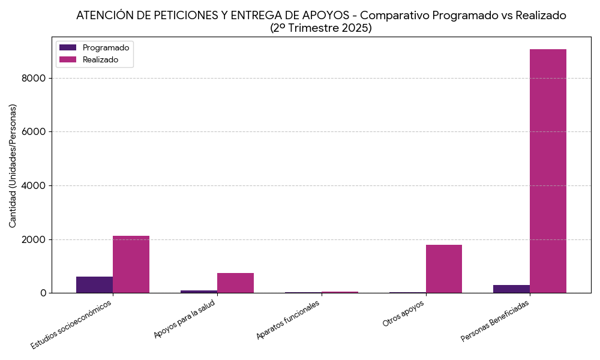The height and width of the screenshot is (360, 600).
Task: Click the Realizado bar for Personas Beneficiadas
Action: (x=548, y=171)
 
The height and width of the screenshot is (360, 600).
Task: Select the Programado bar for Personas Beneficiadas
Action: (x=511, y=289)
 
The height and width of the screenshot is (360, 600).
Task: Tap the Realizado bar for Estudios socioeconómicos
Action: (x=131, y=265)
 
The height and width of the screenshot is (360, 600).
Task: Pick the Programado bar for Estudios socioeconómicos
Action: (x=94, y=285)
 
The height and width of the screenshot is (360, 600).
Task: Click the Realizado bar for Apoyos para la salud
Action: (x=235, y=283)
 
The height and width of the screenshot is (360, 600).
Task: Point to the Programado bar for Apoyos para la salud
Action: (x=199, y=292)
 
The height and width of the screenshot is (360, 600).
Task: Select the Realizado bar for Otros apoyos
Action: (x=444, y=269)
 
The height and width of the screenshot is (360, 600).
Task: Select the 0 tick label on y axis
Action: (x=44, y=293)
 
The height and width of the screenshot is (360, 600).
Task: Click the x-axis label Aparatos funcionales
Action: (x=288, y=319)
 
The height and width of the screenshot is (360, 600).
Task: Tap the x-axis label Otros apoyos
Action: (x=404, y=313)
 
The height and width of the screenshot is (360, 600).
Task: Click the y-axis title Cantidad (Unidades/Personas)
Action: (x=13, y=165)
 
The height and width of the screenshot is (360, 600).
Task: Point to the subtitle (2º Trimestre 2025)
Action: (x=321, y=28)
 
